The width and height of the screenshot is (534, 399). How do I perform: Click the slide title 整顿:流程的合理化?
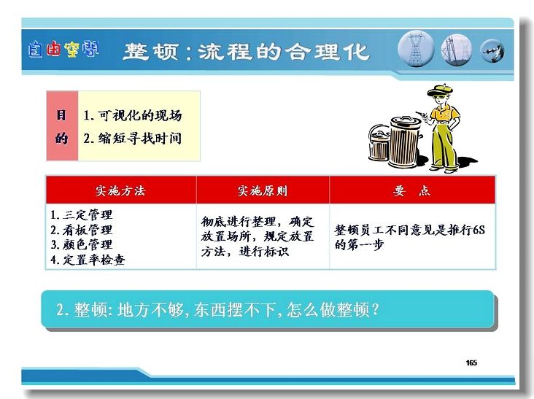point(246,52)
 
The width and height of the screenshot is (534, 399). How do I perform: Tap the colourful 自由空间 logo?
point(63,49)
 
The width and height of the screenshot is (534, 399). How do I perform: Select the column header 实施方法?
point(120,190)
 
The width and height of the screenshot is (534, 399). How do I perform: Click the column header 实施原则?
point(262,190)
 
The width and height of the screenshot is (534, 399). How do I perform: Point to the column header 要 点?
point(411,190)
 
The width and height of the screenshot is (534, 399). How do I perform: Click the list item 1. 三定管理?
point(82,215)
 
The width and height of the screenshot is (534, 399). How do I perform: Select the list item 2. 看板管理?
point(82,230)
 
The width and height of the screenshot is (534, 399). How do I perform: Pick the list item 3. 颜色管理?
point(82,244)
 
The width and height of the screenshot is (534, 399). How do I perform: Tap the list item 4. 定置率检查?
point(88,260)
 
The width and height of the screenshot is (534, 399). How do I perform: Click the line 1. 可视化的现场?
point(133,115)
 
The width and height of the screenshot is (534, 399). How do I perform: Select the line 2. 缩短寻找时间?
point(133,138)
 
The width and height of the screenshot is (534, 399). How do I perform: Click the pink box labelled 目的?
point(62,126)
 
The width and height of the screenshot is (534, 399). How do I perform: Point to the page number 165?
point(471,363)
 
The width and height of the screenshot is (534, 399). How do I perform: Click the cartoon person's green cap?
point(439,90)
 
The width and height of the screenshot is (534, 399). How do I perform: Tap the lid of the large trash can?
point(406,122)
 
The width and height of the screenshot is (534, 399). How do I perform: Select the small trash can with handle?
point(379,143)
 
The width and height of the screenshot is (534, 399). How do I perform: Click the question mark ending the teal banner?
point(375,309)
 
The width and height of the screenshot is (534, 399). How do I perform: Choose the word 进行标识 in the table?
point(264,252)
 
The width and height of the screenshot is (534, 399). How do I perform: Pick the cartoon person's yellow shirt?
point(444,113)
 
